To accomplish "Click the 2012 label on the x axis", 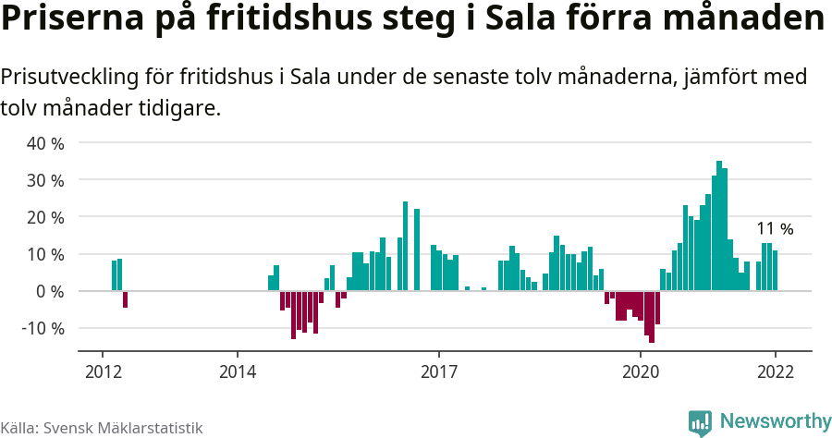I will point(102,371).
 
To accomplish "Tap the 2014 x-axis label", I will point(237,371).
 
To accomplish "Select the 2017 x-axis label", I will point(439,371).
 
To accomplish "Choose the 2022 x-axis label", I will point(776,371).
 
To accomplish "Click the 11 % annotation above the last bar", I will point(775,229).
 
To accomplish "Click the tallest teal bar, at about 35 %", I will point(719,226).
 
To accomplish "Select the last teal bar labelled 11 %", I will point(776,271).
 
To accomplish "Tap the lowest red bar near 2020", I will point(652,316).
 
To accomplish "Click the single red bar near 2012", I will point(125,298).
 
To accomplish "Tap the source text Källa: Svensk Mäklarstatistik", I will point(102,428).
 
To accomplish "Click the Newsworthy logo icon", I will point(700,422).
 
